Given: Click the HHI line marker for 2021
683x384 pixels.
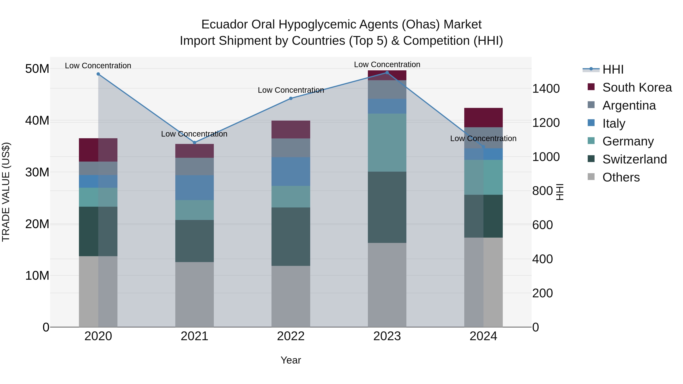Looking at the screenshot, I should point(194,143).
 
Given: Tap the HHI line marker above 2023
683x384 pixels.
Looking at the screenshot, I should point(387,73).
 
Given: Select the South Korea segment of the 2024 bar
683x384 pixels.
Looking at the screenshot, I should point(483,118).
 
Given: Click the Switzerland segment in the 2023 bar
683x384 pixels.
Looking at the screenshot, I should point(387,207).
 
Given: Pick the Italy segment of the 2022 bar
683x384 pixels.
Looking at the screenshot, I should point(291,171).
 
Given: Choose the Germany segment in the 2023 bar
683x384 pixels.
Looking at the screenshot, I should point(387,143).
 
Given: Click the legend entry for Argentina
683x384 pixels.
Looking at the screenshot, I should point(629,105).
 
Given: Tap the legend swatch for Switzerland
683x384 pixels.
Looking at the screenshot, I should point(591,159).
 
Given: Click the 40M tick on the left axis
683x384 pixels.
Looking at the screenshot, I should point(37,121).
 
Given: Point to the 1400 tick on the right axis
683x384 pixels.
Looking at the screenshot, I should point(546,89).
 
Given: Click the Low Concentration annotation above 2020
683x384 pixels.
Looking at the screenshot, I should point(98,66).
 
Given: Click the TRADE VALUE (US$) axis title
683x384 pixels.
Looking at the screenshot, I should point(6,192).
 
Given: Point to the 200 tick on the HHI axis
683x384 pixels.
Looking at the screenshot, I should point(542,293).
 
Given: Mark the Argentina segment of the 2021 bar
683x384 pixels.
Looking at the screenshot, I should point(194,166).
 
